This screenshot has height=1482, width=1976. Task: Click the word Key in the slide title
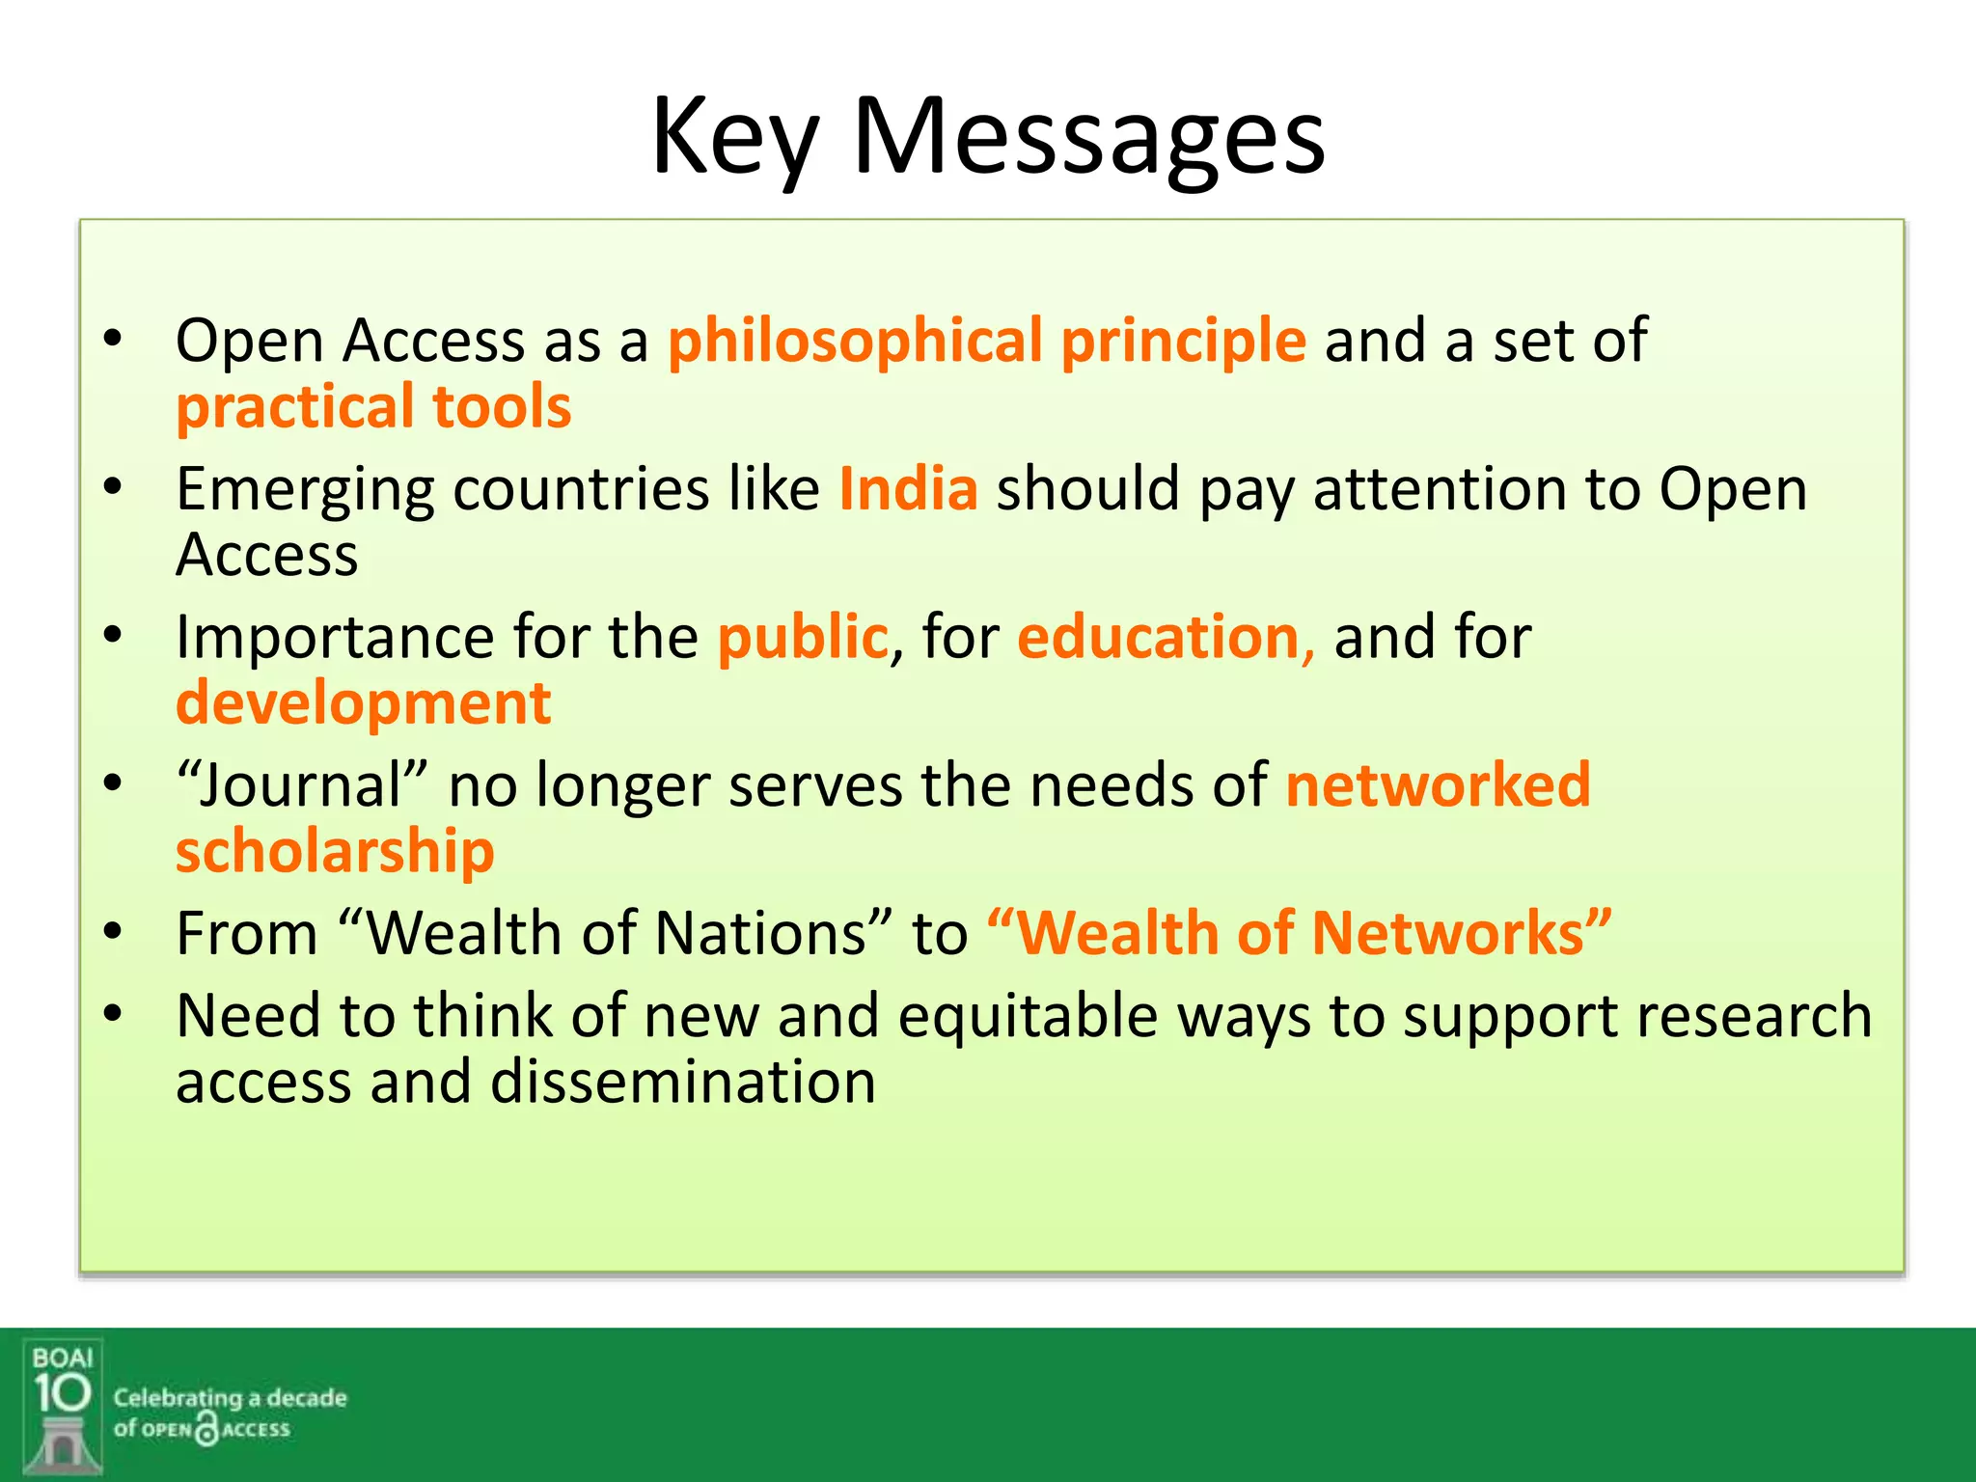(x=735, y=137)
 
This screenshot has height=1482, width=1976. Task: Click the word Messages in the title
(x=1089, y=137)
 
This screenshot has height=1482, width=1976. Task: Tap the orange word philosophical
(x=855, y=342)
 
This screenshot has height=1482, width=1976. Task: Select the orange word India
(x=908, y=488)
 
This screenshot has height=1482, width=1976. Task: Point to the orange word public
(x=802, y=638)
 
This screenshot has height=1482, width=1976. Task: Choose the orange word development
(x=363, y=702)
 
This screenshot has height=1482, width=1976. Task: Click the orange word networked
(x=1438, y=784)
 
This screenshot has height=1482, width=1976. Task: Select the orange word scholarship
(x=335, y=851)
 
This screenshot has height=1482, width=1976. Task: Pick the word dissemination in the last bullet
(x=683, y=1082)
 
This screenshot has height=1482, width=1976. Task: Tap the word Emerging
(x=305, y=490)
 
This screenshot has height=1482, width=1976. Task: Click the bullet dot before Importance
(x=113, y=636)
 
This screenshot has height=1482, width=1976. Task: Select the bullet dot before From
(x=113, y=932)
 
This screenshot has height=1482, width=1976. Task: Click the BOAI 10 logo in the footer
(x=63, y=1406)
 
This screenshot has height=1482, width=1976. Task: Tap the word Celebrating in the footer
(x=178, y=1398)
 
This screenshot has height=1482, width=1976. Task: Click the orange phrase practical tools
(x=373, y=406)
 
